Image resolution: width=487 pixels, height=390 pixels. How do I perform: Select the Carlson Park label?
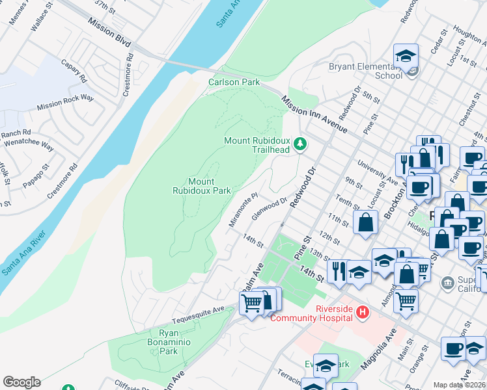[x=234, y=82]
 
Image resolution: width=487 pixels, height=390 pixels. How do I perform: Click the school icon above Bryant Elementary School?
[x=406, y=57]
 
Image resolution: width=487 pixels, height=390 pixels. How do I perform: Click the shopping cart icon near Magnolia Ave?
[x=406, y=301]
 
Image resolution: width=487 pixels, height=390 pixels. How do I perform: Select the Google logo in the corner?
[x=21, y=382]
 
